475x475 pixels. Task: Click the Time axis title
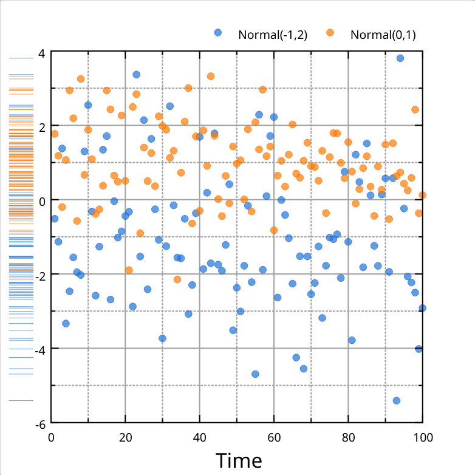[x=239, y=460]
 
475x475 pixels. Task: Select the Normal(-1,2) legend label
[x=273, y=35]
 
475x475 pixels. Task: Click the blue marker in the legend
[x=218, y=33]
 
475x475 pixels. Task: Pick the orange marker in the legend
[x=330, y=33]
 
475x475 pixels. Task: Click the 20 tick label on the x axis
[x=126, y=436]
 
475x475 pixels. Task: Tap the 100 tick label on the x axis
[x=422, y=436]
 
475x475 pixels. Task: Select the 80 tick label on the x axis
[x=348, y=436]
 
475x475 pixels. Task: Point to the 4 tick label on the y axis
[x=41, y=53]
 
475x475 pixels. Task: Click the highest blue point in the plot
[x=400, y=58]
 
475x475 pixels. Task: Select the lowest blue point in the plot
[x=397, y=400]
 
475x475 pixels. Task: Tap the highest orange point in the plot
[x=211, y=77]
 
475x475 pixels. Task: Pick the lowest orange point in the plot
[x=177, y=279]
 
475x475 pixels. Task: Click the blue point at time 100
[x=422, y=308]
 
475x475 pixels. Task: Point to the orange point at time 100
[x=422, y=195]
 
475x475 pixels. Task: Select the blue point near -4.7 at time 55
[x=255, y=374]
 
